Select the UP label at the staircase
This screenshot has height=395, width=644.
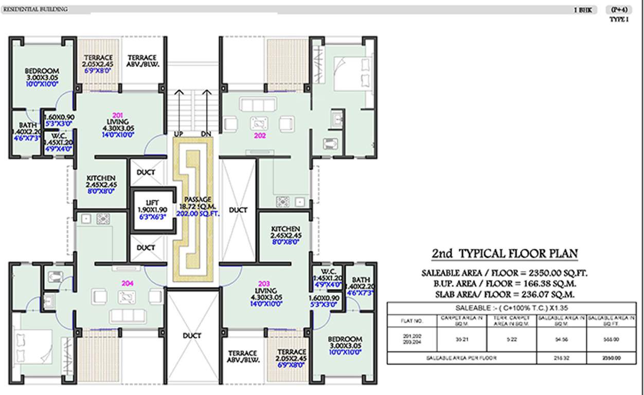pos(179,134)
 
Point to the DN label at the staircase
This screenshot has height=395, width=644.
pos(206,134)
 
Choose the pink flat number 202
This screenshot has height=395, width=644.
pos(259,136)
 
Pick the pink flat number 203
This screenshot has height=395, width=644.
pos(264,283)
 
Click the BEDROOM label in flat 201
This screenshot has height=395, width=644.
pos(42,71)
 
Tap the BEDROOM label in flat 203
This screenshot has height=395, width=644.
pos(344,339)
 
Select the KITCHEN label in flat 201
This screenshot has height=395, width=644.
pos(101,177)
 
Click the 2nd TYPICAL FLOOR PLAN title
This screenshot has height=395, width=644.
pos(504,254)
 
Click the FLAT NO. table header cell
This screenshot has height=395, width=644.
pos(412,320)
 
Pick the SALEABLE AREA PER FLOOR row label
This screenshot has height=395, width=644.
pos(461,358)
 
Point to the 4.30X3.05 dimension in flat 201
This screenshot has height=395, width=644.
pos(118,128)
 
